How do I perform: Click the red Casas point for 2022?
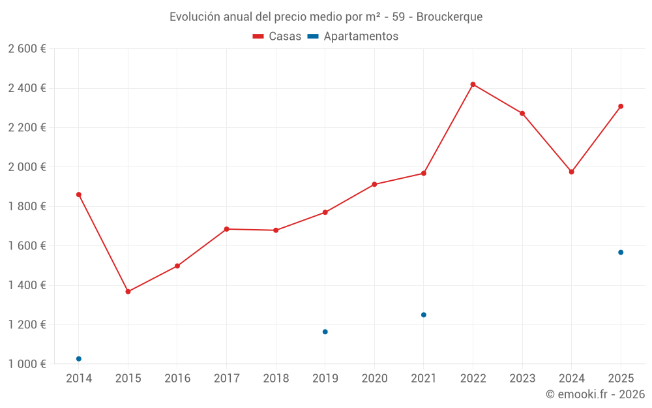473,84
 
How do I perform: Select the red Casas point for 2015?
128,292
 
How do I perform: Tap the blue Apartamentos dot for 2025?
621,252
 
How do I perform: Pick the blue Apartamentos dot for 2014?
79,359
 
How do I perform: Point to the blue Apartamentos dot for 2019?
325,332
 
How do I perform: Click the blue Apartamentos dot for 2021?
424,315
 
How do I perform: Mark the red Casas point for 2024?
572,172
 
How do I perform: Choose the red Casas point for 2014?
79,195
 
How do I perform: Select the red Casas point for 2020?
374,184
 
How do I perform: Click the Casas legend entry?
277,37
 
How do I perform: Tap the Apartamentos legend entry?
353,37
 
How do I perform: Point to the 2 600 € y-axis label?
27,49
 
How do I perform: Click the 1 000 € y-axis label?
27,364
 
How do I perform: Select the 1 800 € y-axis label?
27,206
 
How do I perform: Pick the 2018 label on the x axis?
276,379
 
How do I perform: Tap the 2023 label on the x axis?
522,379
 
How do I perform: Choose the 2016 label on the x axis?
177,379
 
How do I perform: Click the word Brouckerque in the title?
449,17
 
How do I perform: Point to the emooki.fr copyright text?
595,394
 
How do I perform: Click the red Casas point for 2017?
226,229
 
